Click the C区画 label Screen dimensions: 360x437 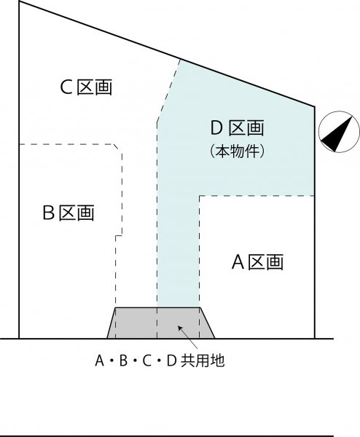[x=86, y=87]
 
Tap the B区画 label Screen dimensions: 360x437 [x=69, y=213]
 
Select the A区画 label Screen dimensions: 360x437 [x=257, y=261]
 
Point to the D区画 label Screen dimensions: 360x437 [x=237, y=128]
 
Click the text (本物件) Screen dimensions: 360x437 [x=237, y=151]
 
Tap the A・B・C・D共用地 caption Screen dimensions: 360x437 [x=160, y=361]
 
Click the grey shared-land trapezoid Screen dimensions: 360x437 [x=161, y=323]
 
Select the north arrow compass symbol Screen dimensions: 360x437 [x=339, y=132]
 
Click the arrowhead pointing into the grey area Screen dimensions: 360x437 [x=180, y=328]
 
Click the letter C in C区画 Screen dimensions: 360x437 [x=66, y=87]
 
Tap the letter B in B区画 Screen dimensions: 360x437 [x=49, y=213]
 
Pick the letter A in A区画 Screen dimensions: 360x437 [x=238, y=262]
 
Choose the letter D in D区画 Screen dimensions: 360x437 [x=216, y=128]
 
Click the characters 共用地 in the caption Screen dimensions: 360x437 [x=203, y=361]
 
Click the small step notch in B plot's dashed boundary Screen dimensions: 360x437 [x=119, y=235]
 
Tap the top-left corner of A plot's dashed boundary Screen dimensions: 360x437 [x=200, y=196]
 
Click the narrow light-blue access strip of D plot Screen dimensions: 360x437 [x=179, y=251]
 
